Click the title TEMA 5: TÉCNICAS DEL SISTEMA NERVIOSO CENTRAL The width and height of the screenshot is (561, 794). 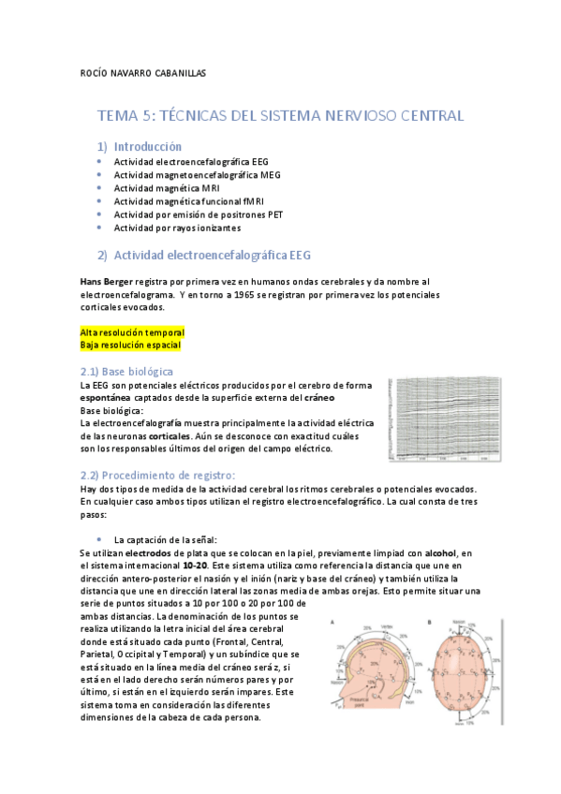coord(280,116)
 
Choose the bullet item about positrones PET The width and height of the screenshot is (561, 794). coord(199,214)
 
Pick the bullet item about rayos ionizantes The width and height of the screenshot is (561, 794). coord(177,228)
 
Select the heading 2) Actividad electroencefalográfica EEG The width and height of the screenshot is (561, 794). coord(212,255)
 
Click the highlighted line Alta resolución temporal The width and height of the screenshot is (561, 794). coord(132,332)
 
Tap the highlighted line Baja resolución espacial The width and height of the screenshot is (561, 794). coord(129,346)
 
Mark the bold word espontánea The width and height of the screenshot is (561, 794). coord(111,398)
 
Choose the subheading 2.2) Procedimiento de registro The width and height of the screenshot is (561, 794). coord(157,475)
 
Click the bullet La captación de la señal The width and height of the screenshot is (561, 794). coord(165,540)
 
